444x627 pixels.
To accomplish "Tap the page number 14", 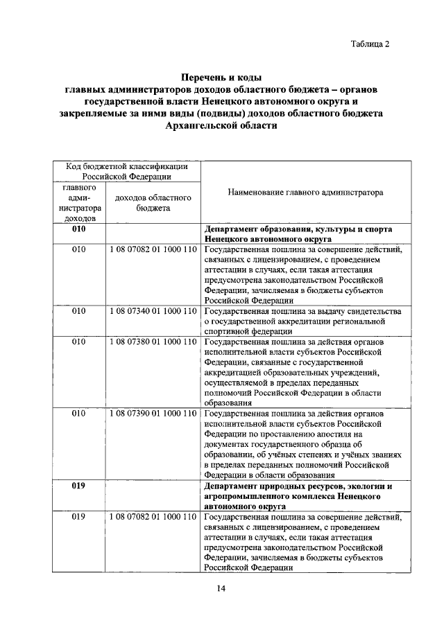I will [221, 588].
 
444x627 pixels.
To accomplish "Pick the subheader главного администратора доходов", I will [78, 202].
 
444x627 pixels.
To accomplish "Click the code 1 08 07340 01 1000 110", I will [153, 312].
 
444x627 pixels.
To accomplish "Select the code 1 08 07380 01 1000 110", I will [153, 342].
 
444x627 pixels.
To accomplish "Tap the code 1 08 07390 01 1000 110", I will [153, 414].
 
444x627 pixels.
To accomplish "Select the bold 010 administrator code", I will [78, 229].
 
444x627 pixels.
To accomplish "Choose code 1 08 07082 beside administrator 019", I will [153, 516].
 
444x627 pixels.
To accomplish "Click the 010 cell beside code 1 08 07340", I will [78, 312].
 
